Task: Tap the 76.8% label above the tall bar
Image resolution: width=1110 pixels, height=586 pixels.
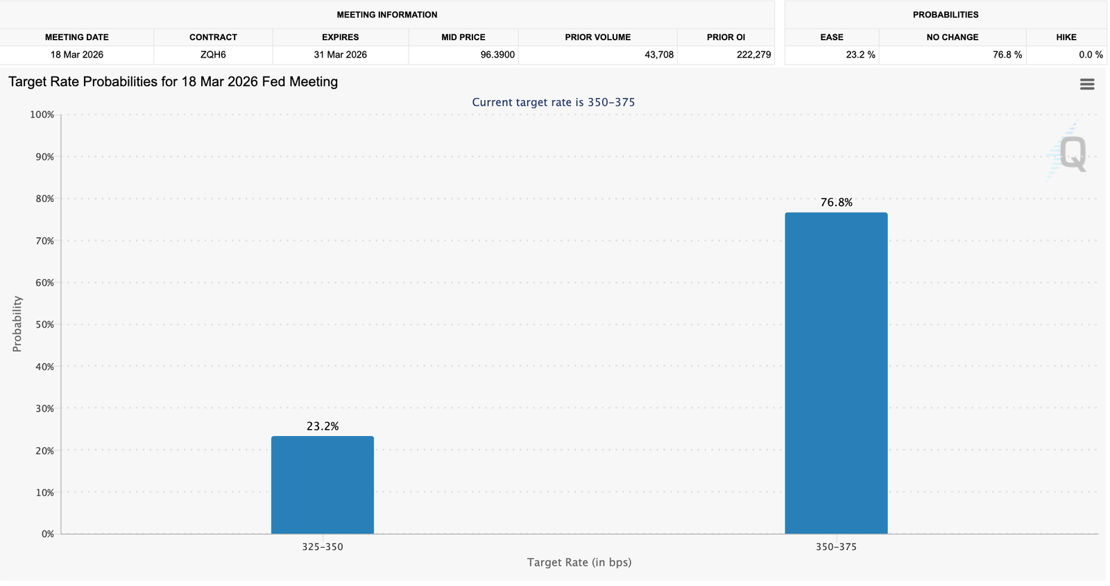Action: coord(836,202)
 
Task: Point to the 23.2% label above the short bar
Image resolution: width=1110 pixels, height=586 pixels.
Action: coord(323,426)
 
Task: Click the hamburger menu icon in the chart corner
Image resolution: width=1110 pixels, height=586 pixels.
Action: coord(1087,84)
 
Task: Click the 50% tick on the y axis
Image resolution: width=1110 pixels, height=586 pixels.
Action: coord(42,324)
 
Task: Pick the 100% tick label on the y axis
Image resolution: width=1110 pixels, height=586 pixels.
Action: coord(42,115)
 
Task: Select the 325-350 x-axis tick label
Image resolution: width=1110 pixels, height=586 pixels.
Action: coord(322,546)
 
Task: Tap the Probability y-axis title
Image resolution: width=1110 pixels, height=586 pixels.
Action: coord(17,324)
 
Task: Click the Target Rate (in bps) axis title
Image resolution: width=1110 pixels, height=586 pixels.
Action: coord(579,562)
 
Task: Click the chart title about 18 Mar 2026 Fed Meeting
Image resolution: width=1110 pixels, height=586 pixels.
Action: coord(173,82)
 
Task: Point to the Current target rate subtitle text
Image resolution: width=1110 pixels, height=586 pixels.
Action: coord(553,102)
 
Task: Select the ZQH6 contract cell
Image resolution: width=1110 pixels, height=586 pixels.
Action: coord(213,54)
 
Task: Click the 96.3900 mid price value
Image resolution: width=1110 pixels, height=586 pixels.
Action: coord(497,54)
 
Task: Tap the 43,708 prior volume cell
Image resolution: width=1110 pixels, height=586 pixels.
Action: coord(658,54)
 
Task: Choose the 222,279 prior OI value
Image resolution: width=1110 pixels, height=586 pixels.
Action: coord(753,54)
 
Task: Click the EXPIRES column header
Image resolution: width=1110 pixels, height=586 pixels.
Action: coord(340,37)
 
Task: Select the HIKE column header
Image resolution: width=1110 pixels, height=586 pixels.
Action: coord(1066,37)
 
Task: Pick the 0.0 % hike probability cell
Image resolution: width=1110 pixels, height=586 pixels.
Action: coord(1090,54)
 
